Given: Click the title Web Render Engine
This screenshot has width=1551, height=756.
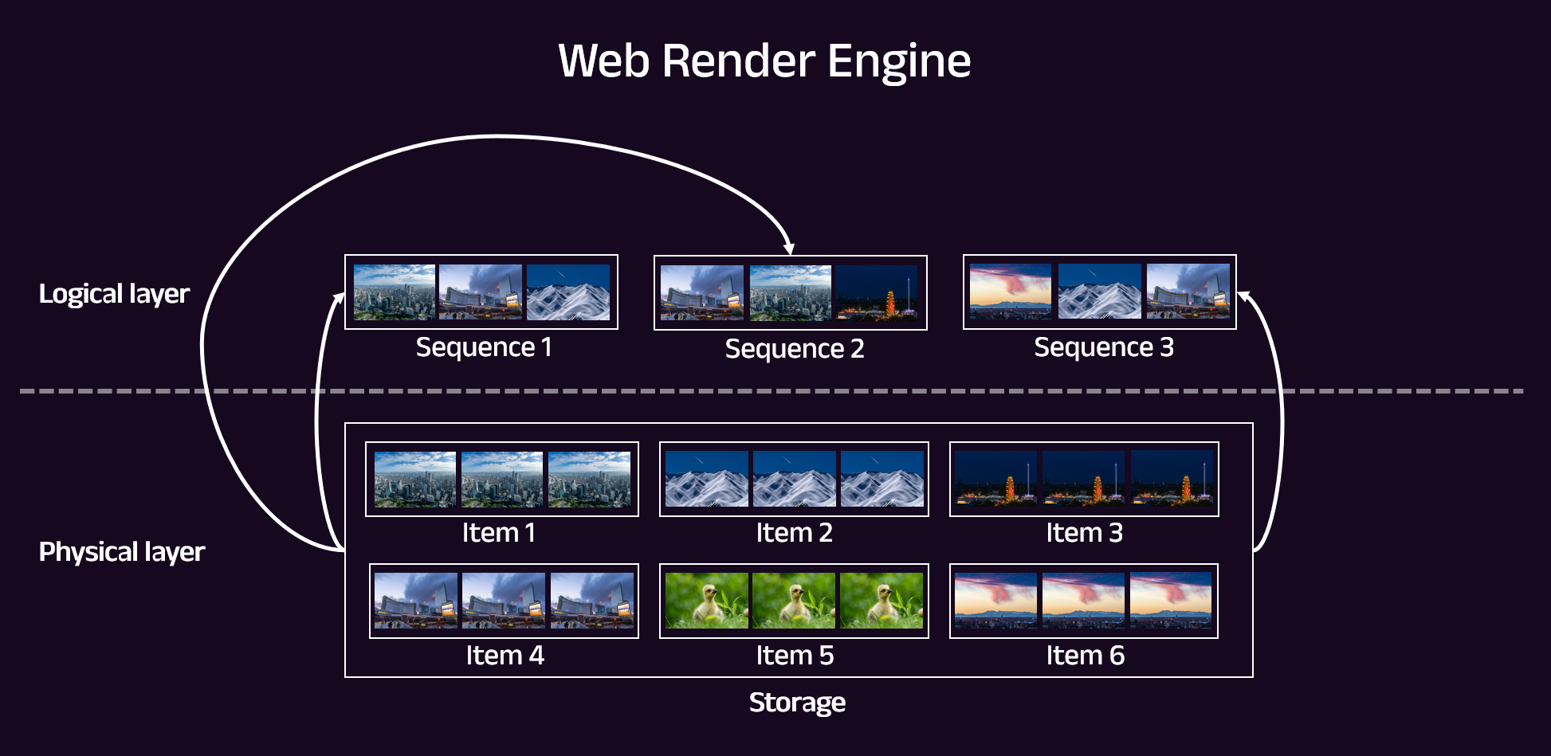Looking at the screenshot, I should (x=764, y=61).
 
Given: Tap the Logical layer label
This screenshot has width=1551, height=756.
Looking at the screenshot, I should (x=114, y=294).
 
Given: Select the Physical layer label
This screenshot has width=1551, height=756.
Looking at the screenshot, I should (x=121, y=552).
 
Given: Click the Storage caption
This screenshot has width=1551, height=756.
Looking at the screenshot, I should (x=797, y=703).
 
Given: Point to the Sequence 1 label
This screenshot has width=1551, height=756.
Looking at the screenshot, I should (x=483, y=347).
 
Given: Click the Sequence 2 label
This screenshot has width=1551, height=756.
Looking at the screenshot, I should (x=794, y=349).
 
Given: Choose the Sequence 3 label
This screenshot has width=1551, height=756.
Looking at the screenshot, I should (x=1103, y=347).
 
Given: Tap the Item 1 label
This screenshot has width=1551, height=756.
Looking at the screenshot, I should (x=498, y=533).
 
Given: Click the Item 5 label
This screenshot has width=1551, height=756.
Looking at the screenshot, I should (x=794, y=656).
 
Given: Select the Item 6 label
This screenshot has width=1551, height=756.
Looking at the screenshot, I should (x=1085, y=656).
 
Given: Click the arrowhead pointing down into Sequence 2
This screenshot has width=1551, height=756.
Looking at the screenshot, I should (x=788, y=249).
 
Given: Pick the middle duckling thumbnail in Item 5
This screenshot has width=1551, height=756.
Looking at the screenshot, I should (x=794, y=601).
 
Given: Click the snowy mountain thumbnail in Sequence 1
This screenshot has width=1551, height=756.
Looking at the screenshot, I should (x=568, y=292).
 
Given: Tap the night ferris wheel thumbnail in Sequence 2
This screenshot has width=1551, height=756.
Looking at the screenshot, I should (x=876, y=293).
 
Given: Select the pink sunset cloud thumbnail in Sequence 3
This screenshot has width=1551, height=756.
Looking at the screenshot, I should (x=1011, y=292).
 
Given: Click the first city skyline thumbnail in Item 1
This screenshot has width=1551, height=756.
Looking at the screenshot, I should (x=415, y=480).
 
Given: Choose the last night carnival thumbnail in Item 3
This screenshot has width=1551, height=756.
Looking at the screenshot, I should (x=1172, y=479).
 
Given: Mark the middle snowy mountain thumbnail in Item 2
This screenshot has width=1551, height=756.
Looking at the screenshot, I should (x=794, y=479).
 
